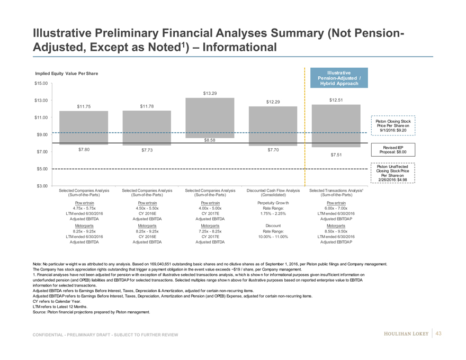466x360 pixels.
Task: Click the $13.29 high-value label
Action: coord(211,93)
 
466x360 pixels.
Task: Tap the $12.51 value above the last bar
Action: coord(337,100)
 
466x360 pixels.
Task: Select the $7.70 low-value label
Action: coord(274,150)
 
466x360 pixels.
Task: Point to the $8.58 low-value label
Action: coord(211,140)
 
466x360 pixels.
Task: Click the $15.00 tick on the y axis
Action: coord(41,83)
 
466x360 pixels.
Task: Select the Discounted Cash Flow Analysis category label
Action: coord(274,191)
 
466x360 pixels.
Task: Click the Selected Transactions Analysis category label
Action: coord(337,191)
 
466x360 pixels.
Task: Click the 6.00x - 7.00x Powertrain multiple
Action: coord(337,208)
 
